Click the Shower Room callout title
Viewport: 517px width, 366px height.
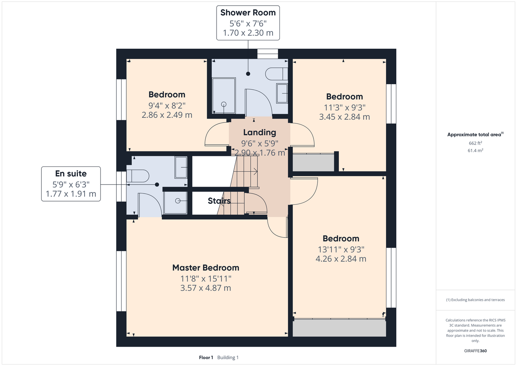(x=248, y=13)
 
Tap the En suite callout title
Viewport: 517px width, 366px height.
(x=71, y=173)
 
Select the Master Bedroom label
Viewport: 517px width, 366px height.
(x=206, y=268)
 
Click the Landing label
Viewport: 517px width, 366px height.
(x=260, y=132)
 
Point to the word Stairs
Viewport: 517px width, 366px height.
(x=219, y=201)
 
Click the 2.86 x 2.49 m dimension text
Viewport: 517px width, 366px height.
(x=167, y=115)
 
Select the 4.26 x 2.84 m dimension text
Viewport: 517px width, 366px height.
(x=341, y=259)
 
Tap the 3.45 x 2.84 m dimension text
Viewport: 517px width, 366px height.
(x=344, y=117)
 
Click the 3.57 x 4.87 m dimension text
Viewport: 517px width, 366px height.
(x=206, y=288)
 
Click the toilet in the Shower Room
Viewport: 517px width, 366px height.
(x=277, y=74)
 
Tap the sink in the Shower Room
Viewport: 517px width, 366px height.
(x=282, y=93)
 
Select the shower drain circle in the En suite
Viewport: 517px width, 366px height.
(x=178, y=201)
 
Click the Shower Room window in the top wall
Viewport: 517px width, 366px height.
(x=268, y=54)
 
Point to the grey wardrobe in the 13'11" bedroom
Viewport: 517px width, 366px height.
(x=339, y=328)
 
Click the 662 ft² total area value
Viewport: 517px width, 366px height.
(x=475, y=143)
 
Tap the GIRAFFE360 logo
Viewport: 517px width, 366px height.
(x=475, y=351)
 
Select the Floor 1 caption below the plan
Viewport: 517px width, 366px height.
(x=206, y=358)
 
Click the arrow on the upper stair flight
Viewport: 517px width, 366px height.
(x=246, y=172)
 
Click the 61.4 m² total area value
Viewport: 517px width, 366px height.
(x=475, y=150)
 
